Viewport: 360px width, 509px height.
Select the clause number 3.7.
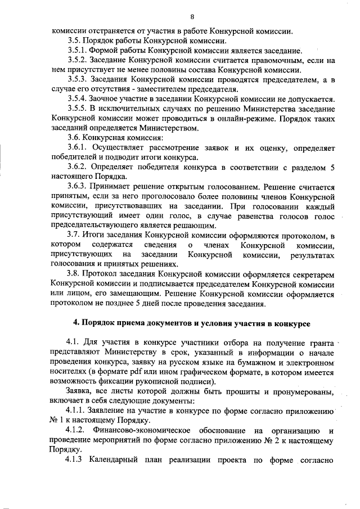(x=74, y=235)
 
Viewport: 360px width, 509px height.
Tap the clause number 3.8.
(x=74, y=273)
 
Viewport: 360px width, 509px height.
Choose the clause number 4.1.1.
(x=78, y=411)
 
